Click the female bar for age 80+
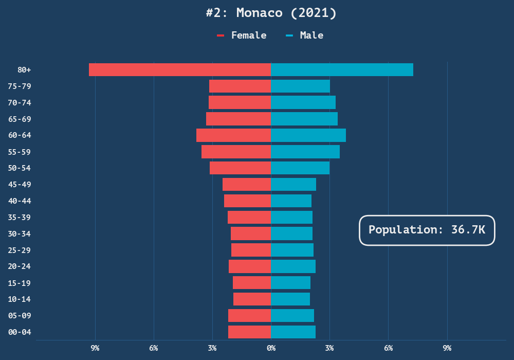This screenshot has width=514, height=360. [x=180, y=69]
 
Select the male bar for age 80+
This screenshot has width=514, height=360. [x=342, y=69]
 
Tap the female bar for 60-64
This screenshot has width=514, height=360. [x=233, y=135]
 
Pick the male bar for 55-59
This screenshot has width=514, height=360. [x=305, y=152]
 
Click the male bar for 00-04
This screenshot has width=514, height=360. [x=293, y=332]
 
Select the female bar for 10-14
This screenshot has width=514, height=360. [x=252, y=299]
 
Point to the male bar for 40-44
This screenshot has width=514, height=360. [x=291, y=201]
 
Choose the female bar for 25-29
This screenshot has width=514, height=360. [x=251, y=250]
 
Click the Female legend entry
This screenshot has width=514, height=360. [x=243, y=35]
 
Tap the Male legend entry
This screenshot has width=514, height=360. [x=305, y=35]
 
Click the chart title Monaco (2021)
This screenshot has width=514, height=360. [x=271, y=13]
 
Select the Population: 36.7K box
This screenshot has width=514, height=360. [x=427, y=230]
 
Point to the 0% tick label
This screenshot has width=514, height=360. [x=271, y=348]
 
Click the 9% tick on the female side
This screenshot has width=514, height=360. [x=95, y=348]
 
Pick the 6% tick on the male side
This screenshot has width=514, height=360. [x=389, y=348]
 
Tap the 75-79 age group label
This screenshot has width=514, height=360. [x=20, y=86]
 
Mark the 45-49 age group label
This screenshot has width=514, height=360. [x=20, y=184]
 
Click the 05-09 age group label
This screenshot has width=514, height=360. [x=20, y=315]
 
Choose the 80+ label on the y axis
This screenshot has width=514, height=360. [x=24, y=69]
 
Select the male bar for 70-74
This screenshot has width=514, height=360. [x=303, y=102]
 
